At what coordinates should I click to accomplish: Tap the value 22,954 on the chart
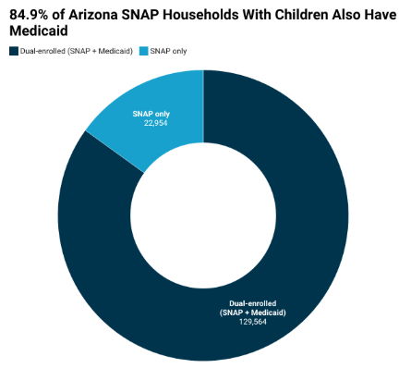tap(156, 123)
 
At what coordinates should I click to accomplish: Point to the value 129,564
tap(253, 322)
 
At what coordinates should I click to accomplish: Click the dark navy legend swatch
tap(14, 51)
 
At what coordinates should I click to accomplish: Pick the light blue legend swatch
tap(144, 51)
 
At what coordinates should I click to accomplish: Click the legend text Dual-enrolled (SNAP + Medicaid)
tap(77, 51)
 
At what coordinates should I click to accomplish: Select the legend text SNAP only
tap(168, 51)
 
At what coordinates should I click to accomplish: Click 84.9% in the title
tap(29, 15)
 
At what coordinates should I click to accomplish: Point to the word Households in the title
tap(200, 15)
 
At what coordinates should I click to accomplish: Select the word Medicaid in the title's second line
tap(39, 31)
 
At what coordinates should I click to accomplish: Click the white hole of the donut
tap(203, 215)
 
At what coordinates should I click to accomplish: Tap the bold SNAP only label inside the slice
tap(151, 114)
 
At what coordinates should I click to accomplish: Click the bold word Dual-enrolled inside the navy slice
tap(253, 303)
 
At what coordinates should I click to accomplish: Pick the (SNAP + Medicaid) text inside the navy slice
tap(253, 313)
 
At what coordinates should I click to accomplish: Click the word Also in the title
tap(346, 15)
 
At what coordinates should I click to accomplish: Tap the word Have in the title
tap(381, 15)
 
